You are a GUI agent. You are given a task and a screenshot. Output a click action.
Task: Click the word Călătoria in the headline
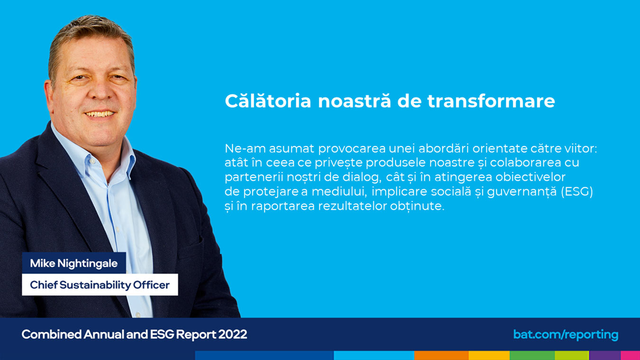tap(268, 101)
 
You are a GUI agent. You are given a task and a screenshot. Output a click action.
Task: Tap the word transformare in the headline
tap(491, 101)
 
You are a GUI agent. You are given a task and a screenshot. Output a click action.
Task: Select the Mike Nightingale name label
tap(73, 263)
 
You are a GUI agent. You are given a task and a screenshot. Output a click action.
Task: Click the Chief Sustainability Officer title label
tap(100, 285)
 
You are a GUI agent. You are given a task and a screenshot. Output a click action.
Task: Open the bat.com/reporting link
tap(566, 334)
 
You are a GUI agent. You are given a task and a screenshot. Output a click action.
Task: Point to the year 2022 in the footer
tap(233, 334)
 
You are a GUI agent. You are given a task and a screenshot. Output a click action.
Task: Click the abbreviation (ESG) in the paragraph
tap(577, 192)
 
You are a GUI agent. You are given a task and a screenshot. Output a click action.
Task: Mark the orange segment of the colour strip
tap(441, 355)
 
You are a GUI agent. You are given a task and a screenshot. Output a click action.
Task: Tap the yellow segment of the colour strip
tap(489, 355)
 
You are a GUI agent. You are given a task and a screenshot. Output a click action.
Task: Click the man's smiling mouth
tap(100, 114)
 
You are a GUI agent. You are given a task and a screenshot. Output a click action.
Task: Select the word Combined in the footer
tap(52, 334)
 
